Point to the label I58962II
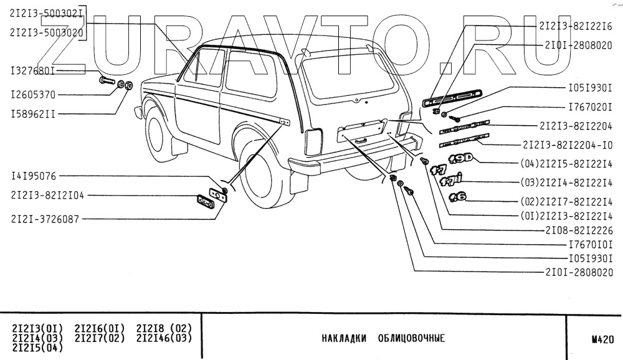pyautogui.click(x=32, y=115)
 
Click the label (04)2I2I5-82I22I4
pyautogui.click(x=566, y=164)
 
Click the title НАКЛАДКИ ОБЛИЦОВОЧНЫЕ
pyautogui.click(x=383, y=339)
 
